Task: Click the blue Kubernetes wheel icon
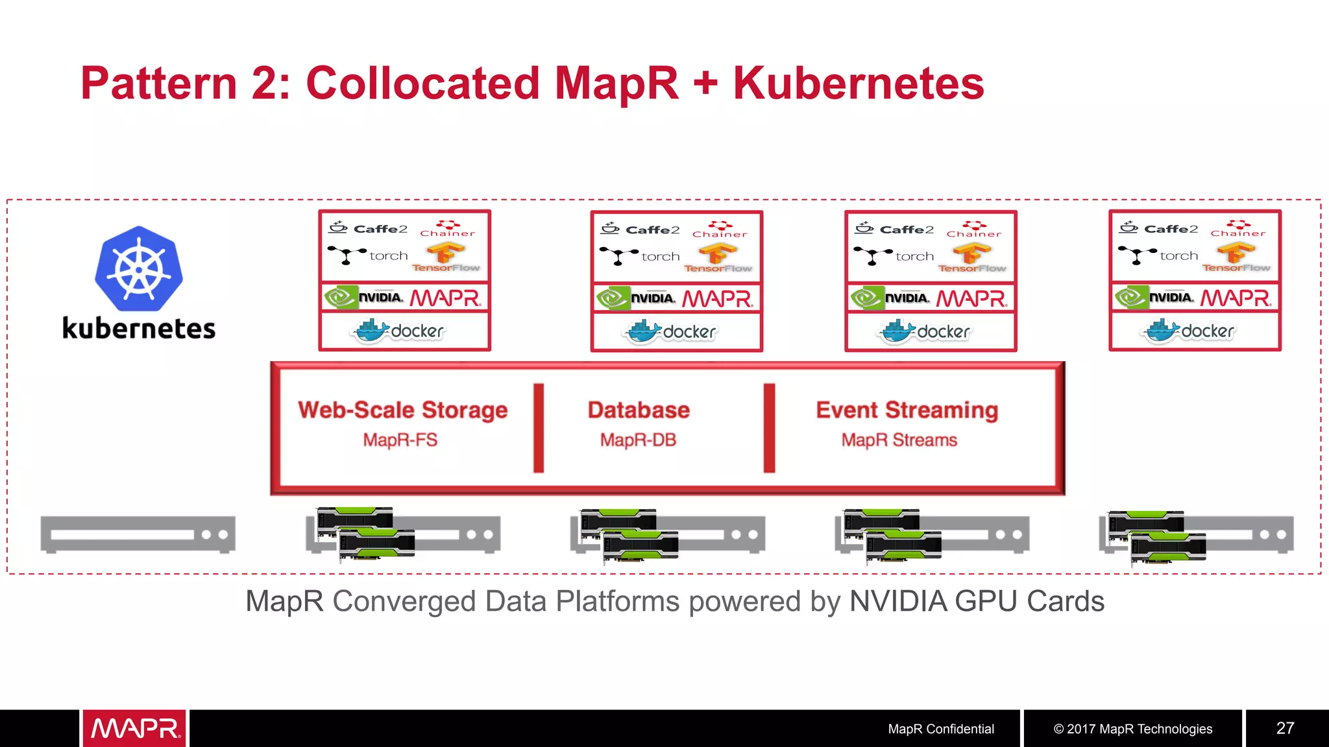tap(138, 268)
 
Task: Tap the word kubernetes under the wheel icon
tap(138, 329)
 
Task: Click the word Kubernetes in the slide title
tap(858, 84)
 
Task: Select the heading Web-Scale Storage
tap(402, 410)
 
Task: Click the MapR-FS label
tap(400, 440)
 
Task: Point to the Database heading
tap(639, 410)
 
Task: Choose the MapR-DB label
tap(638, 440)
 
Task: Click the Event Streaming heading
tap(907, 410)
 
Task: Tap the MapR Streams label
tap(899, 440)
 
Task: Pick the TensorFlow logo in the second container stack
tap(718, 258)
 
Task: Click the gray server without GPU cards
tap(138, 534)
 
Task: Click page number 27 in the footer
tap(1285, 728)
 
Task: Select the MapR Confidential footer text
tap(940, 729)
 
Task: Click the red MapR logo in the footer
tap(134, 728)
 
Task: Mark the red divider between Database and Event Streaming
tap(769, 428)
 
